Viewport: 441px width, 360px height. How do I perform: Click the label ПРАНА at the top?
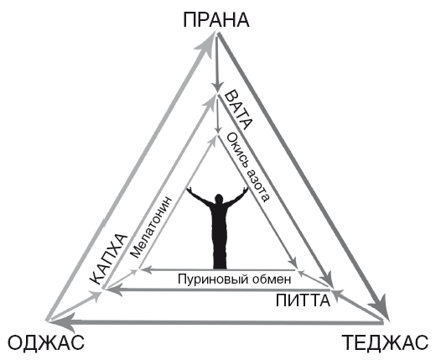(216, 20)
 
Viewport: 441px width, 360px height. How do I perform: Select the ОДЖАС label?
(45, 342)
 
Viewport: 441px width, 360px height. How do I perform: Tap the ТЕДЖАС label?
(385, 342)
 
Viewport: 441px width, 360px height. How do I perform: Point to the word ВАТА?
(238, 110)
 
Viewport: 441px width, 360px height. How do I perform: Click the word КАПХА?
(109, 259)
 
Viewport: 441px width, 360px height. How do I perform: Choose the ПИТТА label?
(303, 300)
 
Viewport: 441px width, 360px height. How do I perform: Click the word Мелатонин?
(151, 227)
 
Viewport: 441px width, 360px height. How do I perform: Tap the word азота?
(259, 185)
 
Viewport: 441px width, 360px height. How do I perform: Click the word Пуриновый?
(213, 280)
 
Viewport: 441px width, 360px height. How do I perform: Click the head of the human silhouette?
(219, 199)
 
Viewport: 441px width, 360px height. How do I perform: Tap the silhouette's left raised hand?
(189, 190)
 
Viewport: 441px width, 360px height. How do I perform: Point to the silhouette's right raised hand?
(245, 190)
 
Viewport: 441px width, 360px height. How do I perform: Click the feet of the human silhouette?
(220, 266)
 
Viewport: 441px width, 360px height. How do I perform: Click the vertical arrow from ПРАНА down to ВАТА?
(217, 62)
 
